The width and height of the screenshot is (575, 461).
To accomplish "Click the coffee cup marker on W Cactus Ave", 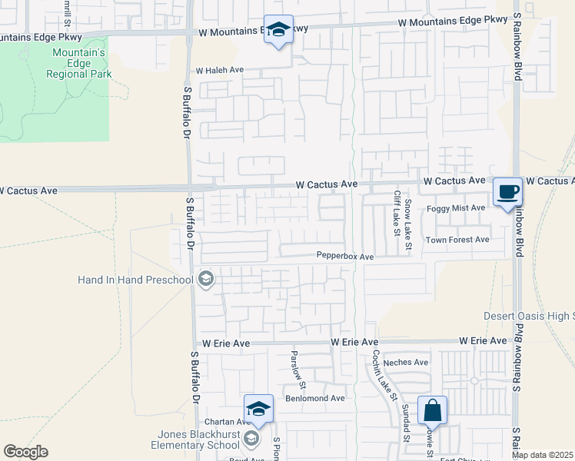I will point(507,191).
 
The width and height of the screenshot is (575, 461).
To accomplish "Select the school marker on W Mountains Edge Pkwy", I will point(278,29).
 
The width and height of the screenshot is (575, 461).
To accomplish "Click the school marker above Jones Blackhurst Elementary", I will point(259,408).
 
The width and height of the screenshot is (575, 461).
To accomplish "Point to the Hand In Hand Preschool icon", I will point(205,279).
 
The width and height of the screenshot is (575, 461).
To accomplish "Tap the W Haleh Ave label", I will point(219,70).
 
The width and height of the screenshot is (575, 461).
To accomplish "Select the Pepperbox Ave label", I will point(344,257).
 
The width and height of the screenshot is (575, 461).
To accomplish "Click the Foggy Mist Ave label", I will point(457,207).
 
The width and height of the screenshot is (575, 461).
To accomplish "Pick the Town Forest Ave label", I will point(457,240).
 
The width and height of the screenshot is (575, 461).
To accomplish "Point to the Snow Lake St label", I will point(409,223).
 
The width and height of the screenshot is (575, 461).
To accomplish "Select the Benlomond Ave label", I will point(315,398).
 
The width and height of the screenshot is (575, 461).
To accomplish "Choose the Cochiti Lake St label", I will point(384,376).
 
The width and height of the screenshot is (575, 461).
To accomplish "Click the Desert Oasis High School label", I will point(528,316).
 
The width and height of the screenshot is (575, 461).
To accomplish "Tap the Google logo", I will point(25,452).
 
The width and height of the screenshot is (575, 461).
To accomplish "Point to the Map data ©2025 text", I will point(543,456).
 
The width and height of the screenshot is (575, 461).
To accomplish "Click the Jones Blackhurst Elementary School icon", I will point(251,439).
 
